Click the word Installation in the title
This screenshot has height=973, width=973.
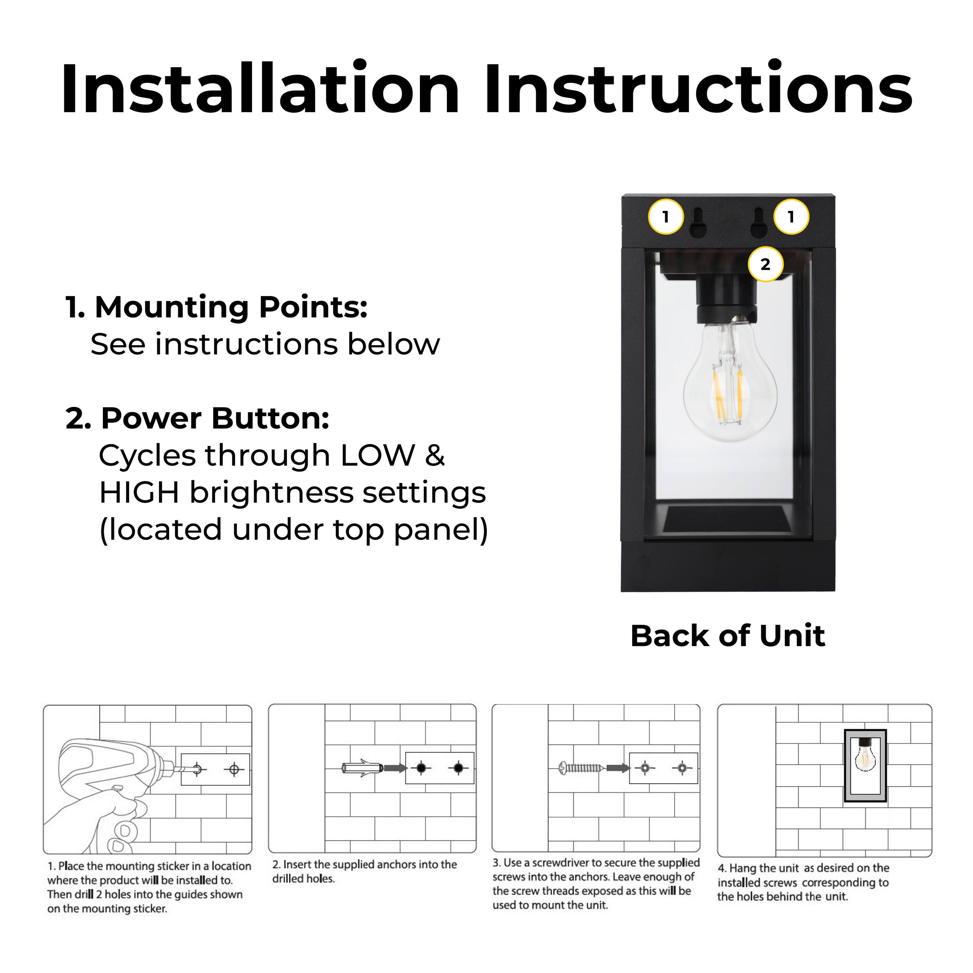[260, 90]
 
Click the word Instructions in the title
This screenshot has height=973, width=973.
[698, 90]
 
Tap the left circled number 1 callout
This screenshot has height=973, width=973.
[666, 217]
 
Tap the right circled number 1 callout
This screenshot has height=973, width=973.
[791, 217]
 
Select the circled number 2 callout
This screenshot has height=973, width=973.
[765, 264]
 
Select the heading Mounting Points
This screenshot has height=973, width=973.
[217, 307]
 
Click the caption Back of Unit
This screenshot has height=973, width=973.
[728, 636]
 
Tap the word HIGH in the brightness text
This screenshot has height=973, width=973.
[139, 493]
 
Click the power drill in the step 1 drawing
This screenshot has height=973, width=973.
[108, 775]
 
